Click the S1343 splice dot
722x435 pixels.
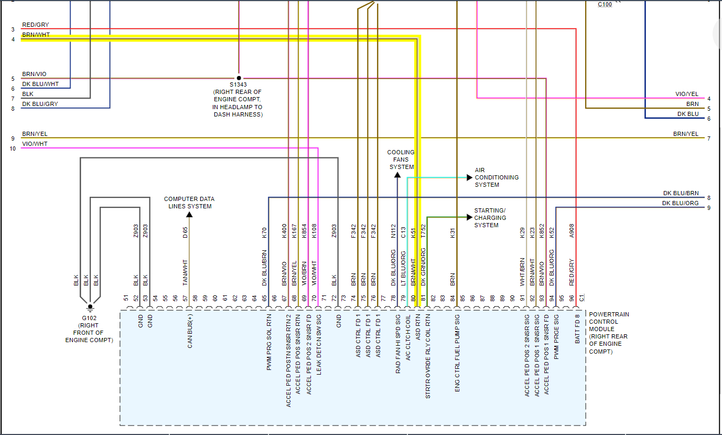point(239,78)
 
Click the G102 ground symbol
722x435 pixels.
point(90,307)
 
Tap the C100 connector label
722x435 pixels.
point(605,5)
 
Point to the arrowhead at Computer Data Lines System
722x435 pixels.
point(189,215)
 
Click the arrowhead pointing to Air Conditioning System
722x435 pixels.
point(470,177)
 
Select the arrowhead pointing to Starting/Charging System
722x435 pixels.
point(470,217)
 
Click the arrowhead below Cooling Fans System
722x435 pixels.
point(397,175)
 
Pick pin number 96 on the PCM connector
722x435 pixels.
point(572,298)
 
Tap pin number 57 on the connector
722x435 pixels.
point(186,298)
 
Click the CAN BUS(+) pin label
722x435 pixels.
point(190,331)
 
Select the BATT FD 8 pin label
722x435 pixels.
point(577,328)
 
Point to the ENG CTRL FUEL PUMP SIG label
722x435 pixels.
point(457,353)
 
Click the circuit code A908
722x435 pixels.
point(572,232)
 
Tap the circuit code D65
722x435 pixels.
point(185,232)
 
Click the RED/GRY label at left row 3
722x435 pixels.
point(35,25)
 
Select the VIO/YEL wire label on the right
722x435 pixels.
point(687,94)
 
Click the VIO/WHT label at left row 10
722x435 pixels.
point(35,144)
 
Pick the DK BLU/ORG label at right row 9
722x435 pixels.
point(680,204)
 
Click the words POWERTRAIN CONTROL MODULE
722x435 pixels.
point(609,322)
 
